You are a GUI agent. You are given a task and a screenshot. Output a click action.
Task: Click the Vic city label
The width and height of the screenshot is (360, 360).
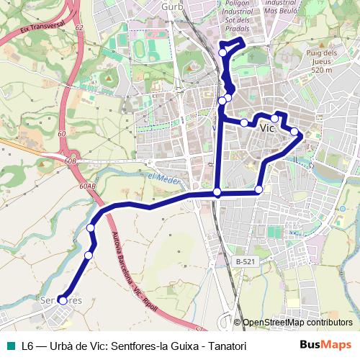click(x=267, y=128)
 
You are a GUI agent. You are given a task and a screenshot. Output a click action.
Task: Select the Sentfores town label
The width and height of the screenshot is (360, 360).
click(x=61, y=299)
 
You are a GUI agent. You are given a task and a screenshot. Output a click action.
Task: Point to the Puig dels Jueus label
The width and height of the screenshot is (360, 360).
click(x=321, y=62)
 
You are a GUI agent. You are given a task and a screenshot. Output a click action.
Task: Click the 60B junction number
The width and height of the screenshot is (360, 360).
click(x=70, y=161)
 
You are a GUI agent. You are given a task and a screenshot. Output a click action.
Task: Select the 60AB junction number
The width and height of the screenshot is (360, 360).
click(x=88, y=186)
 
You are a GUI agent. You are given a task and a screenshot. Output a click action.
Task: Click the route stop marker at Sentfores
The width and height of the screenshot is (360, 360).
click(x=63, y=301)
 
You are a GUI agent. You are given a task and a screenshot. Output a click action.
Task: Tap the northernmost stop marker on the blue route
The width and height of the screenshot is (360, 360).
click(x=223, y=52)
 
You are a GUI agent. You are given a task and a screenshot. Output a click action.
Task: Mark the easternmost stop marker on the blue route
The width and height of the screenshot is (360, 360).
click(x=294, y=131)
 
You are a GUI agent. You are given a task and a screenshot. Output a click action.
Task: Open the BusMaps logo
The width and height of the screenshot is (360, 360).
click(x=325, y=346)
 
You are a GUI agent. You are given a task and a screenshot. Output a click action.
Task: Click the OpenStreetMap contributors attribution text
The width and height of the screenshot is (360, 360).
click(x=297, y=323)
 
